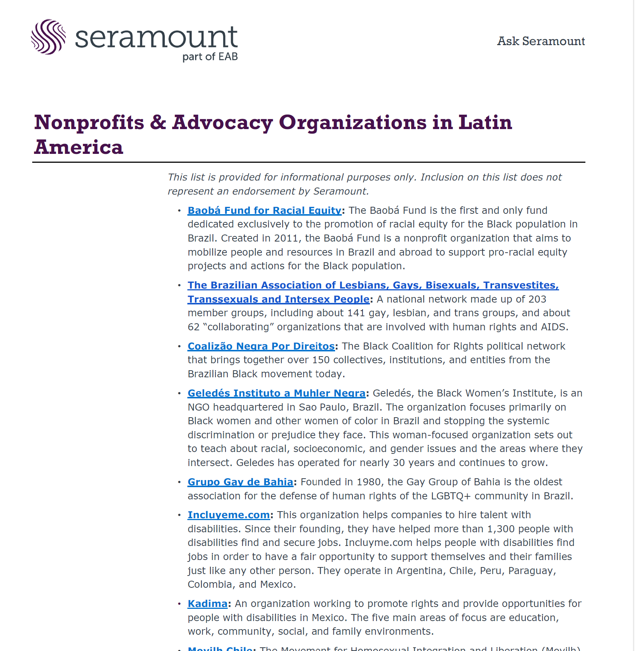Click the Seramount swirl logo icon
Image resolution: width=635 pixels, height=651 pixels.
tap(48, 37)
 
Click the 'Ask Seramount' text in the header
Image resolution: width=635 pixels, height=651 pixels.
tap(541, 41)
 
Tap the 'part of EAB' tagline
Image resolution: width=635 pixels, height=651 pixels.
tap(210, 57)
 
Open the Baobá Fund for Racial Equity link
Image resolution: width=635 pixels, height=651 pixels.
tap(264, 210)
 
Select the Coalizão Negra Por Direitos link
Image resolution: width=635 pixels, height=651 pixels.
tap(261, 346)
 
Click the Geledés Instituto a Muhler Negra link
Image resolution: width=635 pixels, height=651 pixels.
tap(277, 393)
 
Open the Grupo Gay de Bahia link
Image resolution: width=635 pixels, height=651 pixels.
tap(240, 482)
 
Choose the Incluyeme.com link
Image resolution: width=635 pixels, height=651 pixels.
tap(228, 515)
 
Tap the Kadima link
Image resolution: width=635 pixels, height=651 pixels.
tap(207, 604)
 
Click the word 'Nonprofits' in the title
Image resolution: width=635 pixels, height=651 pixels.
tap(89, 122)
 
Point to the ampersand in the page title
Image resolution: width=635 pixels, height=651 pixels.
tap(158, 122)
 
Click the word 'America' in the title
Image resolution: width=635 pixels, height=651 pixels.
tap(78, 147)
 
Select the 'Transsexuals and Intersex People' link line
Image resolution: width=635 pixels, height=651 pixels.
tap(278, 299)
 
